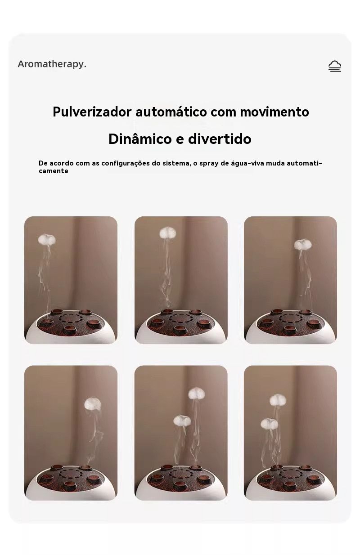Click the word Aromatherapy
click(x=52, y=64)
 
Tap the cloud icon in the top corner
click(x=334, y=66)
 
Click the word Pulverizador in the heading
click(x=92, y=112)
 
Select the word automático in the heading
click(x=171, y=112)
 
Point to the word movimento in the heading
click(x=274, y=112)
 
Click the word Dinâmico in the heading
click(x=140, y=139)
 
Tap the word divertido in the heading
click(x=220, y=139)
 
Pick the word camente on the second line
click(x=53, y=171)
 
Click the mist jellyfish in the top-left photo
click(x=47, y=240)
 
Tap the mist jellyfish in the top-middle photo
click(x=167, y=233)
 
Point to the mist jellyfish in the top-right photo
click(x=303, y=245)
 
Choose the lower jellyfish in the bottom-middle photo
click(x=182, y=421)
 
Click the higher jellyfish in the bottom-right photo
click(x=278, y=400)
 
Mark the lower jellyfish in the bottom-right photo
click(x=269, y=424)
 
